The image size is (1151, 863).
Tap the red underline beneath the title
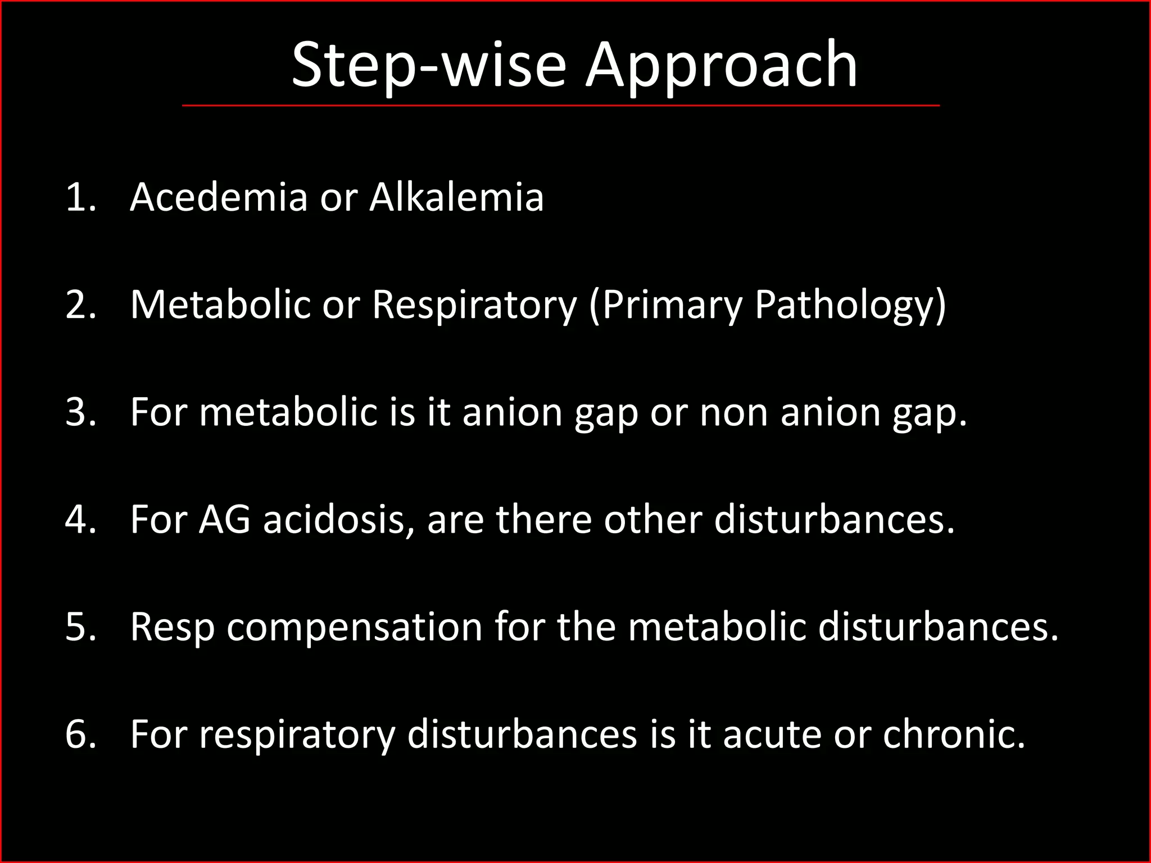pos(560,105)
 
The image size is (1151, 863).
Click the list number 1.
pos(78,197)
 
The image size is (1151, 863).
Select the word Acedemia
pos(219,197)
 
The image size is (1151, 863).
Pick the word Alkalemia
pos(456,197)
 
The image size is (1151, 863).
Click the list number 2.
pos(79,305)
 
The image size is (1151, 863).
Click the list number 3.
pos(79,412)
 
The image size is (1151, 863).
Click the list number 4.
pos(79,520)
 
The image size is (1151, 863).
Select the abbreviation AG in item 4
pos(224,520)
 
